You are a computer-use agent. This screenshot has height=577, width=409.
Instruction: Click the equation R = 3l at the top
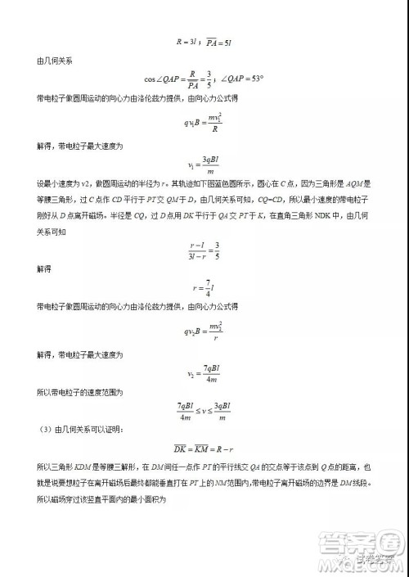[x=187, y=38]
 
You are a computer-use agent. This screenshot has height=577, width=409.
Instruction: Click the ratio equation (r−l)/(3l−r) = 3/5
[x=204, y=249]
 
